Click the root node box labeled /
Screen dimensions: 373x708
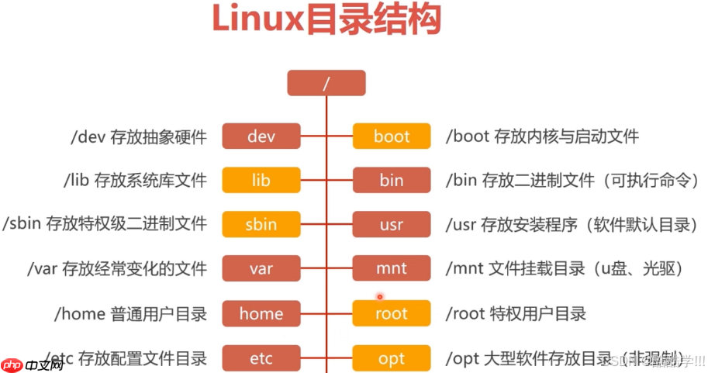[x=326, y=83]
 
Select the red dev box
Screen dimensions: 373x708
[x=261, y=136]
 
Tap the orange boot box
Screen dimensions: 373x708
[x=391, y=136]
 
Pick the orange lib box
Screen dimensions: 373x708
[x=261, y=181]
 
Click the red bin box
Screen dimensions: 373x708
[x=391, y=181]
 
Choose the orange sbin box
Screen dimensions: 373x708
[x=261, y=225]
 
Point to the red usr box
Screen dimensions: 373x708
[x=391, y=225]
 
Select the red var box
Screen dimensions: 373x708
[x=261, y=269]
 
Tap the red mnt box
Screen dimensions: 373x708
[x=391, y=269]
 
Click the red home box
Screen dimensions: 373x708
[x=261, y=313]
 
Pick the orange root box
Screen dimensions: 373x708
[x=391, y=313]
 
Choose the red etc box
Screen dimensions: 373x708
[x=261, y=358]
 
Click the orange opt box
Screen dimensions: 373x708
[x=391, y=358]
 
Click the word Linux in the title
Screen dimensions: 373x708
[x=257, y=21]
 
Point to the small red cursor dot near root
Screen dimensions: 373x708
[x=380, y=296]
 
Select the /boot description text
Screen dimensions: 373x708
[x=542, y=136]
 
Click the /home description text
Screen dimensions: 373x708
[x=130, y=313]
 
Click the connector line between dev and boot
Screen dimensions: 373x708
[x=326, y=136]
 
